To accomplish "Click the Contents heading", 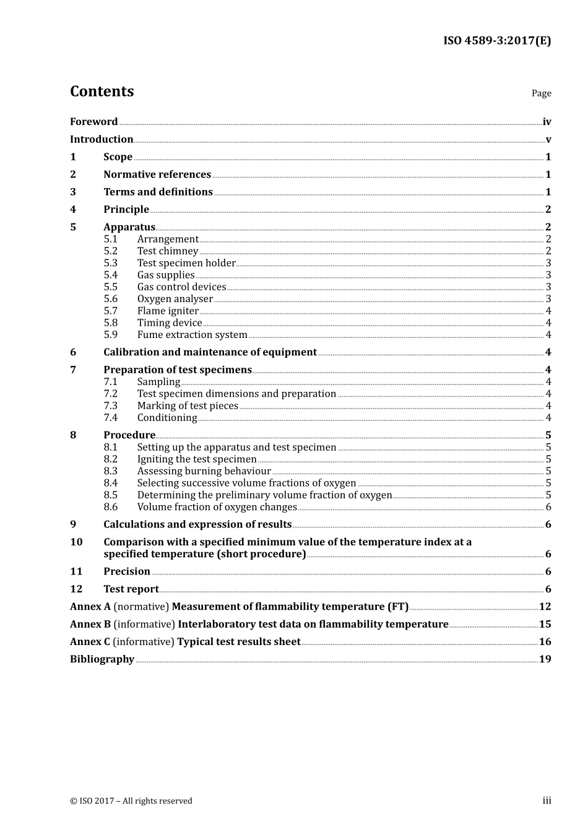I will (x=102, y=92).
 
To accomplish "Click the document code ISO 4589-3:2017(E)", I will (x=497, y=41).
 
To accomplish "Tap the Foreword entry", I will (x=93, y=122).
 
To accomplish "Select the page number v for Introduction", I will (x=548, y=140).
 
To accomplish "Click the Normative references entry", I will (x=157, y=175).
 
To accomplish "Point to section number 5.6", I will (x=110, y=299).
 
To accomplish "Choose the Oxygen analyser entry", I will (x=175, y=299).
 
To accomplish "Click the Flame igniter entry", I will (x=168, y=311).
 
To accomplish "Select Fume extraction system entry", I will (x=192, y=335).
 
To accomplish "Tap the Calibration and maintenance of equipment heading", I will (x=210, y=352).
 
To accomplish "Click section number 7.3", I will (x=110, y=406).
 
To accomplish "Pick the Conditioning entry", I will (x=167, y=418).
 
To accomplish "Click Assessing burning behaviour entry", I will (x=204, y=471).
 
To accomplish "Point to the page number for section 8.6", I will (x=548, y=507).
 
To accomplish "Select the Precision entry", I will (x=127, y=571).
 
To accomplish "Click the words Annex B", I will (x=90, y=624).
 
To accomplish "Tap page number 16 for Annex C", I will (x=545, y=642).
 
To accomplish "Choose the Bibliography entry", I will (x=102, y=659).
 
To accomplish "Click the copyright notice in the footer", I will (x=131, y=801).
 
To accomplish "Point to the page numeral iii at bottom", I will (x=547, y=800).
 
